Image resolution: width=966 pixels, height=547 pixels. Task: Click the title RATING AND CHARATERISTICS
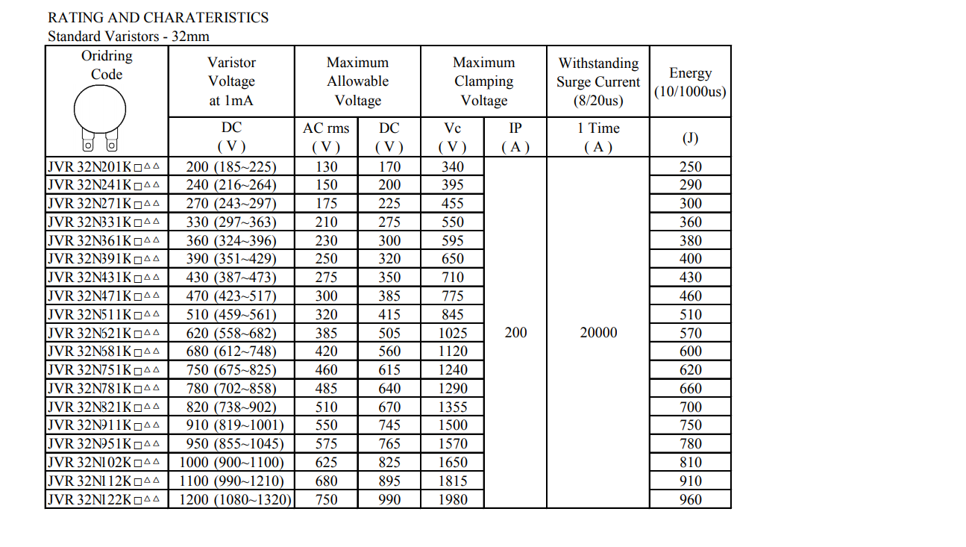[157, 17]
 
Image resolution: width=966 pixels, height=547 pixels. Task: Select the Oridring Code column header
[107, 65]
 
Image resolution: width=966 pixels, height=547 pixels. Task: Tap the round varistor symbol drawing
[100, 109]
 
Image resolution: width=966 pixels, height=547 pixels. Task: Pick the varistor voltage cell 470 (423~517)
[231, 296]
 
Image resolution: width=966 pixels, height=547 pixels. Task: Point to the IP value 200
[515, 333]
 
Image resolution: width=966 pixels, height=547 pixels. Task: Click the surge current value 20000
[598, 333]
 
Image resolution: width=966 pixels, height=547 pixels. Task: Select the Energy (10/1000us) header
[690, 82]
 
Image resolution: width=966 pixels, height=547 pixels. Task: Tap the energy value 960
[690, 499]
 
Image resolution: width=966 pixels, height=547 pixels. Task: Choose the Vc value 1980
[453, 499]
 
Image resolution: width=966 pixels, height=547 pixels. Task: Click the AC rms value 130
[326, 166]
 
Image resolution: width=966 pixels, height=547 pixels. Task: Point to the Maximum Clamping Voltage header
[483, 81]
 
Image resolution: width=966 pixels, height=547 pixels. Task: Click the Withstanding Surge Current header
[598, 81]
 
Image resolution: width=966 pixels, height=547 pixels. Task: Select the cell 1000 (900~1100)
[231, 462]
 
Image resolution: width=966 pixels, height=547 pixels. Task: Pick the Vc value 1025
[453, 333]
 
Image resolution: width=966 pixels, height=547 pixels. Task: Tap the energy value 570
[690, 333]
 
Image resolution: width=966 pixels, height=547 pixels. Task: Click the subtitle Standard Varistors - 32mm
[128, 36]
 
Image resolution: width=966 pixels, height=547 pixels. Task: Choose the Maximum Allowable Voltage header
[357, 81]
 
